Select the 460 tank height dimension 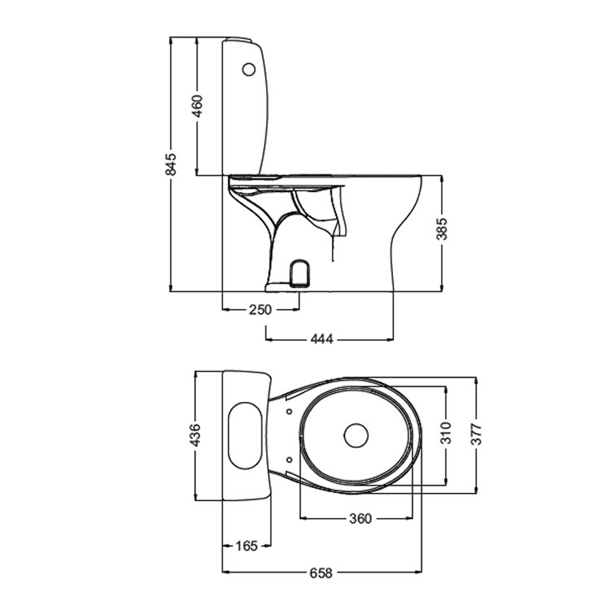coord(197,107)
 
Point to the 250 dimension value coord(260,310)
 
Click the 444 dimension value coord(322,338)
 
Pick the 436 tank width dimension coord(196,435)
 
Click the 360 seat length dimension coord(360,519)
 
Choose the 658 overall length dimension coord(320,572)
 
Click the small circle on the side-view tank coord(249,69)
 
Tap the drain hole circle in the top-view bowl coord(355,436)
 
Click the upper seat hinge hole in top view coord(290,412)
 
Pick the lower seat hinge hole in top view coord(290,460)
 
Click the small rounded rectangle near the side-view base coord(299,274)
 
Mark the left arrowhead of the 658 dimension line coord(226,572)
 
